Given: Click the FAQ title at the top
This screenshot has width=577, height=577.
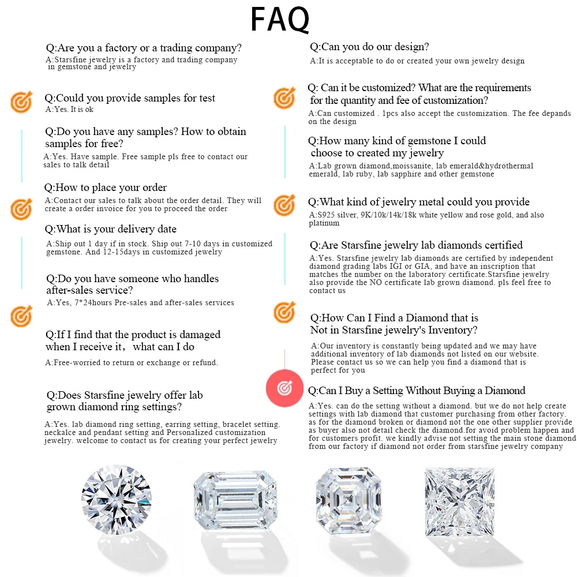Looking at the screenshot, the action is point(280,19).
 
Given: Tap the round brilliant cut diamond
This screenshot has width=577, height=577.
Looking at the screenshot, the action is point(117,500).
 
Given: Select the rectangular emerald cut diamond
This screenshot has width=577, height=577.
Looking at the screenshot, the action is point(235,500).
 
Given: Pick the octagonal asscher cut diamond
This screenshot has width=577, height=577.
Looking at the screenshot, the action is point(348,500).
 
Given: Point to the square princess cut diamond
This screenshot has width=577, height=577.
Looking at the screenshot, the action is point(459,502).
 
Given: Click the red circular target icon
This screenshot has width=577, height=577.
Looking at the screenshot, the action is point(284,388).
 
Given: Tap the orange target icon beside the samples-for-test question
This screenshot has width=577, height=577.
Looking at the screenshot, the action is point(21,102).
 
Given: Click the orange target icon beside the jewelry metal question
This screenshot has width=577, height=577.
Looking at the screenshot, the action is point(284,205).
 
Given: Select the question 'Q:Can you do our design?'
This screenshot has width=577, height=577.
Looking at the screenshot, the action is point(369,47).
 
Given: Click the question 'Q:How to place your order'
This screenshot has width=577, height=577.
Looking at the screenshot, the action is point(105,188).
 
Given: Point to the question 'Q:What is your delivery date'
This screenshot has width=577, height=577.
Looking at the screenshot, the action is point(110,229).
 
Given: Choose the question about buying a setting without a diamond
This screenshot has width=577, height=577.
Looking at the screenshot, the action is point(417,391).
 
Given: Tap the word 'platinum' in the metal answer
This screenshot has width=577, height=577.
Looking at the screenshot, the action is point(324,223).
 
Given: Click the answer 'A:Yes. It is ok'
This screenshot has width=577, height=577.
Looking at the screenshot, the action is point(69,109).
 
